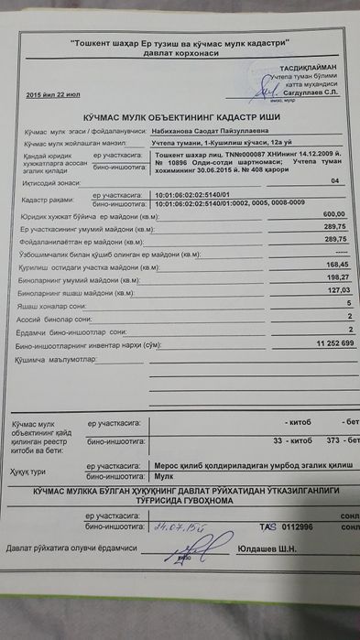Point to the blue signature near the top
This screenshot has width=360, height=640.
coord(268,89)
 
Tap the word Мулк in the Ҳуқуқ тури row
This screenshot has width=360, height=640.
coord(162,476)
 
